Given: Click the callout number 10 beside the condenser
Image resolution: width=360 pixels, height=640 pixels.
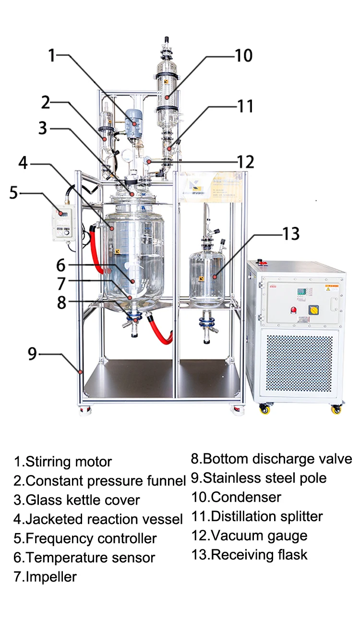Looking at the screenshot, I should (x=243, y=56).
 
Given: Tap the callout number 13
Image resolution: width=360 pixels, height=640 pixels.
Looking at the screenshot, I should (x=290, y=234).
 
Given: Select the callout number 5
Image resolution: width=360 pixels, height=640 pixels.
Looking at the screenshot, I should (x=13, y=193).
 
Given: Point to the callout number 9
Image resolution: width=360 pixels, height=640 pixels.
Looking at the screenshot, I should (x=32, y=354).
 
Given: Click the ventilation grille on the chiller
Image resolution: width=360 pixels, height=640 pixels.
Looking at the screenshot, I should (x=299, y=362).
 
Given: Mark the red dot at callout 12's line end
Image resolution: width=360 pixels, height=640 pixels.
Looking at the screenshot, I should (x=150, y=162).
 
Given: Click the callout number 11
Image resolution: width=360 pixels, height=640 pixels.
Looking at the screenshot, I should (x=245, y=106).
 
